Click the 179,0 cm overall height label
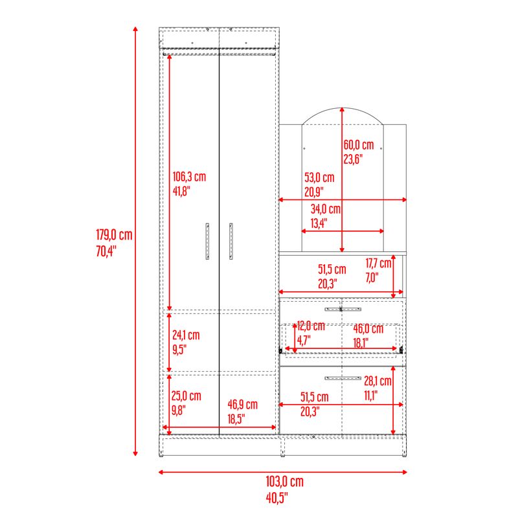pos(114,235)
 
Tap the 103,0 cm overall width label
pos(284,482)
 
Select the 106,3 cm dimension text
pos(189,177)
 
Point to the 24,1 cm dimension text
pos(186,335)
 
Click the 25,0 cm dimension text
pos(186,396)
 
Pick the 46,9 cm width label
pos(242,405)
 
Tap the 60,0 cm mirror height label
pos(359,145)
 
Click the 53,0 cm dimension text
pos(319,177)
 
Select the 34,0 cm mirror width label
pos(326,209)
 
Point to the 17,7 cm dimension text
pos(378,264)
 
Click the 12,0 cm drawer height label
pos(311,326)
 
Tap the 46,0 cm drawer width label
pos(368,329)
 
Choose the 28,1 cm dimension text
pos(377,381)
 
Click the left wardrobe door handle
pos(207,241)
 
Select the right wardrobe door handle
pos(231,241)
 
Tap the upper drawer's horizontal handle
pos(343,310)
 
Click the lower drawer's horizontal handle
pos(343,378)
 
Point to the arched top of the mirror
pos(343,107)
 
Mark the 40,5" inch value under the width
pos(277,498)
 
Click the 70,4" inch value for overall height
pos(106,251)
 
